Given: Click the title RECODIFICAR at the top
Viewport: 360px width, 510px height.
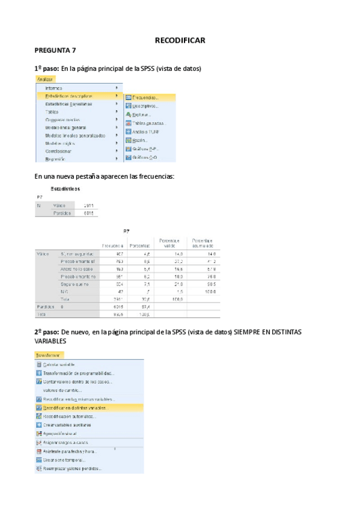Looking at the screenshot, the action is tap(180, 40).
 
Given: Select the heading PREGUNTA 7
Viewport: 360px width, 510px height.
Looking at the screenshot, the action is tap(55, 52).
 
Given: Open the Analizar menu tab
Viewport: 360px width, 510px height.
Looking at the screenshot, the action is tap(45, 79).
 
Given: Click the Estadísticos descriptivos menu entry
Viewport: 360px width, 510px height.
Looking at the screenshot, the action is tap(69, 96).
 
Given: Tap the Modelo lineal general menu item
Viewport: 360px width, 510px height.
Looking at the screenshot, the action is tap(66, 127).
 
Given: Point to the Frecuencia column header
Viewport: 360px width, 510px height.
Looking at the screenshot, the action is tap(112, 246).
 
